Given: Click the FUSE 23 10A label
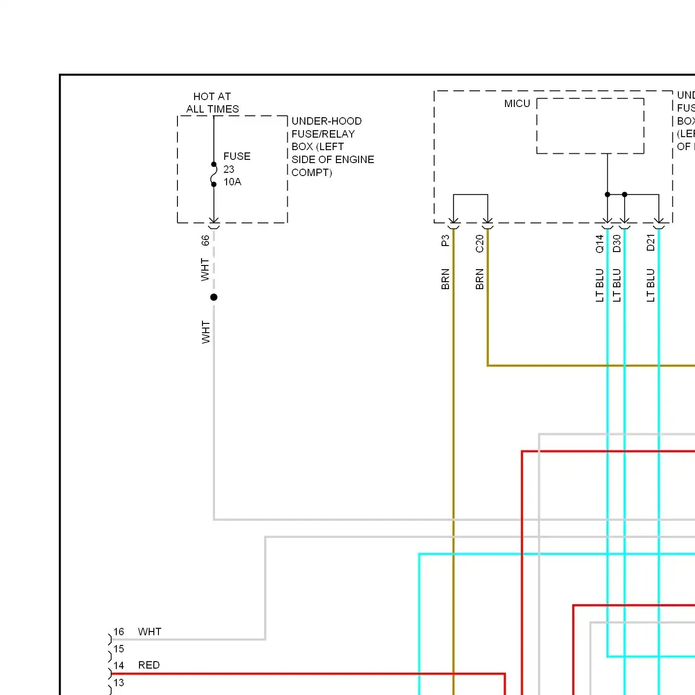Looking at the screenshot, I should [236, 169].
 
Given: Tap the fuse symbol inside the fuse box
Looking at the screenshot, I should [214, 174].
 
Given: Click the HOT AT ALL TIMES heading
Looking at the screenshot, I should [212, 103].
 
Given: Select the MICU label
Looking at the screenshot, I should [517, 104].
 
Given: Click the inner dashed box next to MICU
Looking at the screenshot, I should [590, 126].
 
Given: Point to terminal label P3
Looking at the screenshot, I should [445, 241].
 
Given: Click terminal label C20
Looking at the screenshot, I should [480, 244].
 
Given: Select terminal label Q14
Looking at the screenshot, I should [600, 244].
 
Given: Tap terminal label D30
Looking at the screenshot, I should [617, 244].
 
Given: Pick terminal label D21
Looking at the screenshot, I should [651, 243].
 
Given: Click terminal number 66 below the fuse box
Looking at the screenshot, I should [205, 240].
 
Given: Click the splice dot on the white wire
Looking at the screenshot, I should [214, 297].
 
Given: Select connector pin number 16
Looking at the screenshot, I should [119, 632].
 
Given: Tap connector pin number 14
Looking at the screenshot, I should [119, 666].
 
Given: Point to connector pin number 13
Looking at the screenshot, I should [119, 683].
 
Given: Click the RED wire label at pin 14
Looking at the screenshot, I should [149, 665].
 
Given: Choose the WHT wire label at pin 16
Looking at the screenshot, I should [150, 632].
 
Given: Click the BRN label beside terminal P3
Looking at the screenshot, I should [445, 279].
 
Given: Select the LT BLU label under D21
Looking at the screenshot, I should [651, 285].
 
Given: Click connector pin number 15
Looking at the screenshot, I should [119, 649].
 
